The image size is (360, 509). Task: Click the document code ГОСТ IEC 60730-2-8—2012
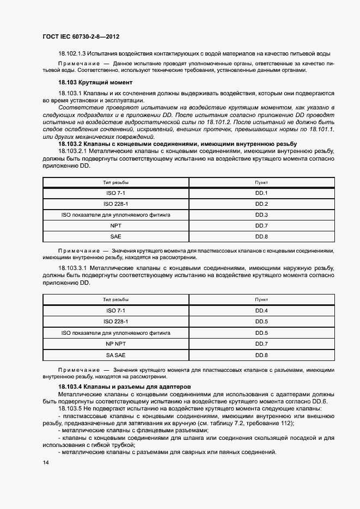[81, 36]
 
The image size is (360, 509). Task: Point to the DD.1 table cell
[261, 193]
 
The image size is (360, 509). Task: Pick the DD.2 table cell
[261, 204]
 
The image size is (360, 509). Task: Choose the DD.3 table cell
[261, 215]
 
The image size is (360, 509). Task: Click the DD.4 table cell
[261, 310]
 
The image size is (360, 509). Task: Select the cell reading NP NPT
[115, 344]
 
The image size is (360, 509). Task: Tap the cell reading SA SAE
[115, 355]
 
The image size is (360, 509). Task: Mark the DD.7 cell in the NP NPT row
[261, 344]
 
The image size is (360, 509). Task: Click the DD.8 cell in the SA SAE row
[261, 355]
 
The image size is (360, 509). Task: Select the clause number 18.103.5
[73, 408]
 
